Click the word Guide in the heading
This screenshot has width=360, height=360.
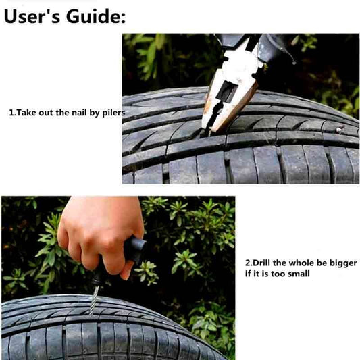tap(93, 16)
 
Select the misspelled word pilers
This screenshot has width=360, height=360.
tap(113, 113)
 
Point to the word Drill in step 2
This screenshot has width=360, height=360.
tap(261, 263)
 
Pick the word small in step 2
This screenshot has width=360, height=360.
tap(299, 274)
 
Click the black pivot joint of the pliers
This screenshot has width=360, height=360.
tap(227, 91)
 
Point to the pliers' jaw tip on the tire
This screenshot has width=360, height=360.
tap(209, 132)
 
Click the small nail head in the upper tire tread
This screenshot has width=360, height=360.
tap(339, 130)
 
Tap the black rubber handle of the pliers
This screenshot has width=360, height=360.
tap(274, 47)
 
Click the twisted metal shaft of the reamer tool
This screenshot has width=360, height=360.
tap(94, 301)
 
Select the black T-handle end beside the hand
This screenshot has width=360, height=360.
tap(135, 250)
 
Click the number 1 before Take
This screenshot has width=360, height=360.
tap(11, 113)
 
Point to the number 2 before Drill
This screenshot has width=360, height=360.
tap(247, 263)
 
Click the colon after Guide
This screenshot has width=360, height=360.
tap(123, 18)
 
